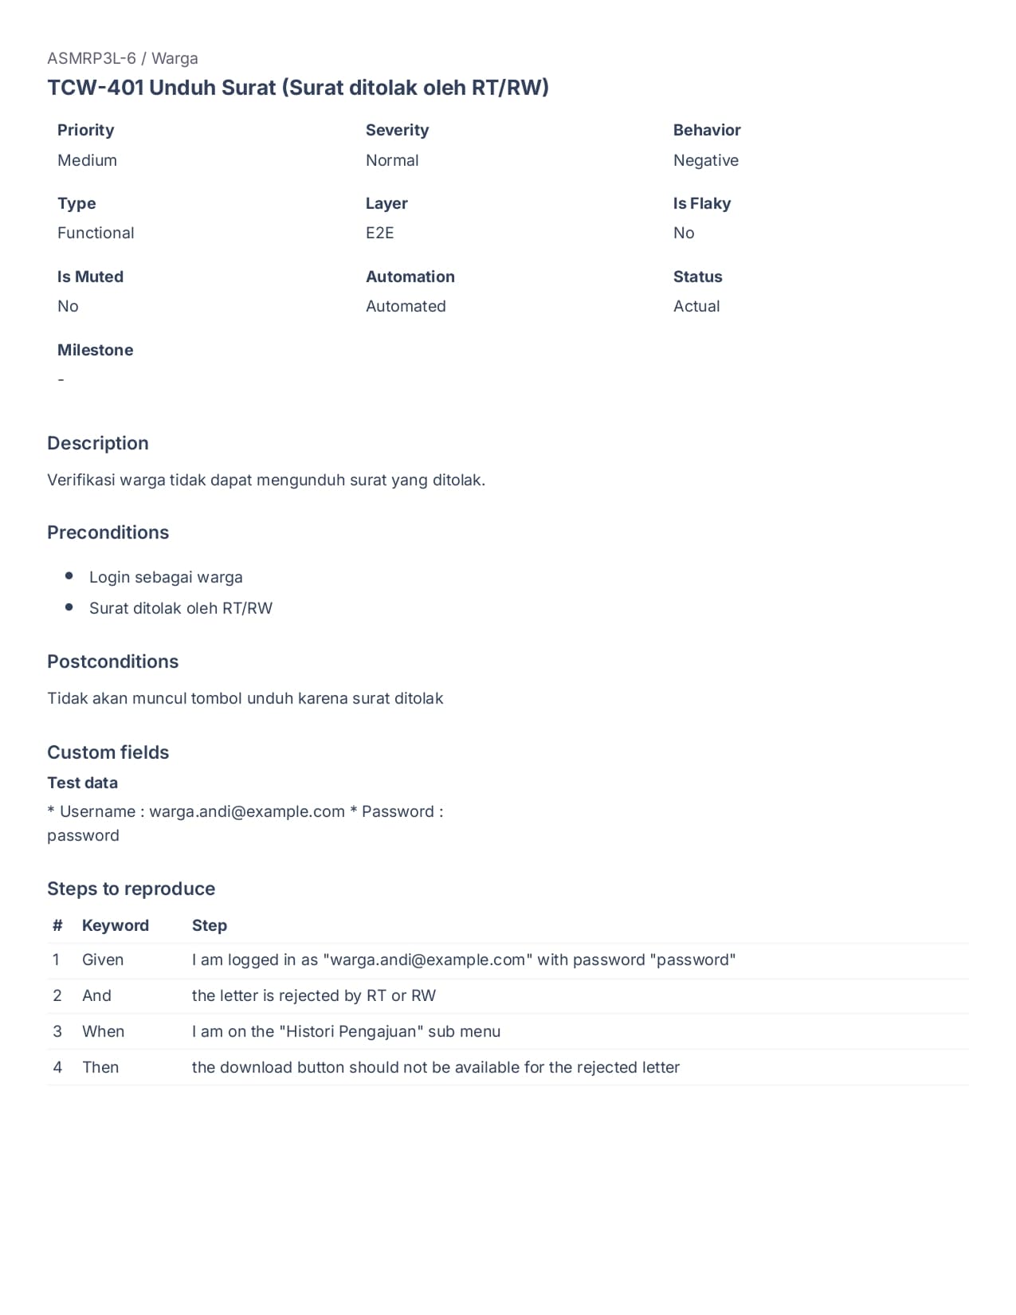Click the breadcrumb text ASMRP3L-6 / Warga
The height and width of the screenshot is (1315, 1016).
(x=123, y=58)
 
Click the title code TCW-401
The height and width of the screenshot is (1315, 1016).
(x=95, y=88)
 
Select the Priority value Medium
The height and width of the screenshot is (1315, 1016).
(x=87, y=160)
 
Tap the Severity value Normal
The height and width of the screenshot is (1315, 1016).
(x=392, y=160)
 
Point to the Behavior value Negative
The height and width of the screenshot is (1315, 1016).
(x=705, y=160)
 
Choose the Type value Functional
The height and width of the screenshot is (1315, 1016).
(x=96, y=233)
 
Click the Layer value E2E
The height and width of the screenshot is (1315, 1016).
(x=380, y=233)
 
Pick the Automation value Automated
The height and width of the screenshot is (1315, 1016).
(x=406, y=306)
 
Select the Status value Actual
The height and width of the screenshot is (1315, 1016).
(x=696, y=306)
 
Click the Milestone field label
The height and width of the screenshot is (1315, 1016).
(x=95, y=350)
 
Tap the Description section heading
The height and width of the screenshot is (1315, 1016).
(x=98, y=443)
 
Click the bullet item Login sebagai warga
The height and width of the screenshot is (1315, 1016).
(x=166, y=577)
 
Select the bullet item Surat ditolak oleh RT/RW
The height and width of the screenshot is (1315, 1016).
(x=181, y=608)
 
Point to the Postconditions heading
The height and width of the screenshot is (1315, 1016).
(x=112, y=661)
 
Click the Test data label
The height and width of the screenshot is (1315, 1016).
(x=82, y=783)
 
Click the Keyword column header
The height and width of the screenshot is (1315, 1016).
(x=116, y=925)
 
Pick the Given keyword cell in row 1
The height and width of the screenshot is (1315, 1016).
(x=103, y=960)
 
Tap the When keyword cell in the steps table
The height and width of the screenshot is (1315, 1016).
(x=104, y=1031)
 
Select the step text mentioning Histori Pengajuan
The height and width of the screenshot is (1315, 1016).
(x=346, y=1031)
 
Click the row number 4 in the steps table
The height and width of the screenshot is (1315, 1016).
(x=57, y=1067)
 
